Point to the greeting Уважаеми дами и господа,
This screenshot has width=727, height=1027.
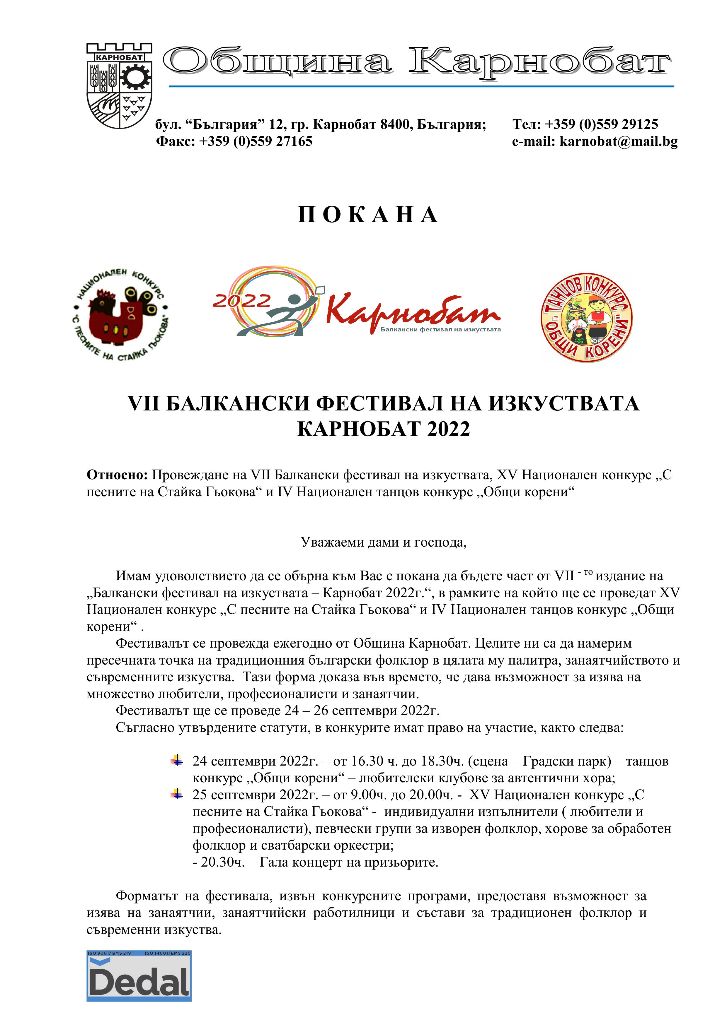[x=383, y=542]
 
